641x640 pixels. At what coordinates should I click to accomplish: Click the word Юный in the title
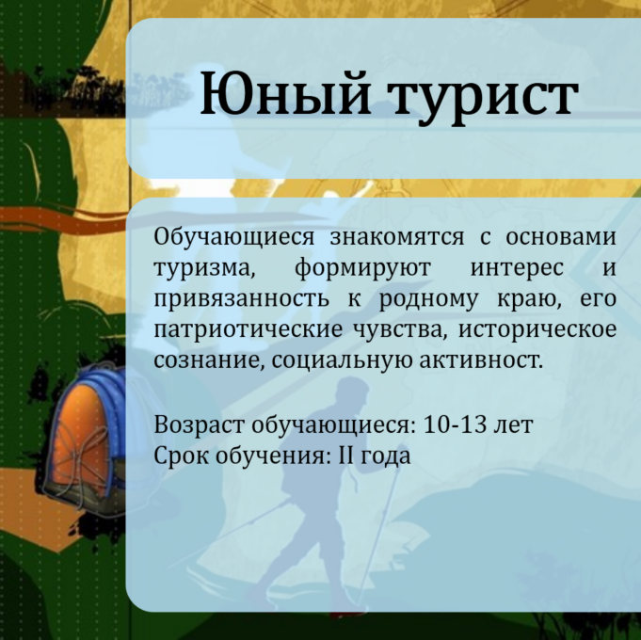point(285,92)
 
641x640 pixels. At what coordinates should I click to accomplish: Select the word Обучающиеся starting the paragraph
point(234,238)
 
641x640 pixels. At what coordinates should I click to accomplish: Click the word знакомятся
point(397,237)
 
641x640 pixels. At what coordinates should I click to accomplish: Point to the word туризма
point(205,269)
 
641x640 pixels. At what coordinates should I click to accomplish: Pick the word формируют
point(363,269)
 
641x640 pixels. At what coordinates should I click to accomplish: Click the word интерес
point(517,269)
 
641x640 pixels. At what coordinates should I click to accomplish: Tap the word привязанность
point(242,299)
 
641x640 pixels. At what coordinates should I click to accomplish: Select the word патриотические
point(248,330)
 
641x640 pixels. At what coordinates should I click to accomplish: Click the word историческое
point(537,330)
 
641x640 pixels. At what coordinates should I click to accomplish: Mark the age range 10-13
point(455,424)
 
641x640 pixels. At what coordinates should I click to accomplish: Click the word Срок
point(182,456)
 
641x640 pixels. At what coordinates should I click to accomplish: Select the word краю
point(529,300)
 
